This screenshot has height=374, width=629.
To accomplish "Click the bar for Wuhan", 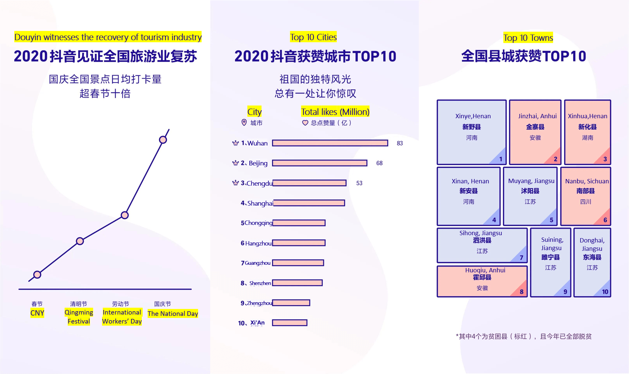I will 330,143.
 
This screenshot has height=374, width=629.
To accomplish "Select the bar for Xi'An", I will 290,323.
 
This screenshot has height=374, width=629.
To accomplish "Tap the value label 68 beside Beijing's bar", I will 379,163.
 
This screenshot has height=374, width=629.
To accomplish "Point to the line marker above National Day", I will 163,140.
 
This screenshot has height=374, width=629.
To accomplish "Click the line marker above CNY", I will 37,275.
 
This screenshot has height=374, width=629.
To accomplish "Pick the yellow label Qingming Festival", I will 79,317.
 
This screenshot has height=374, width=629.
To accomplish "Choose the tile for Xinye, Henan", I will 471,132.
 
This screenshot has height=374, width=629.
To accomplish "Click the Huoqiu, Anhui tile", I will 482,281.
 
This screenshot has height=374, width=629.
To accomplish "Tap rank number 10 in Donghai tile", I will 605,292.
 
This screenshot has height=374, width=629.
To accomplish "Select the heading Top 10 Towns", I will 528,38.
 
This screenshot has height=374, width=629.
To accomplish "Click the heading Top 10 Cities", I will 313,37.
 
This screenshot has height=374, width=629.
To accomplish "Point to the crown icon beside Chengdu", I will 235,183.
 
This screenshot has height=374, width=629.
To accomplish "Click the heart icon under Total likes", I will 305,123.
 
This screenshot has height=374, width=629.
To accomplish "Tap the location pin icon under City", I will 244,123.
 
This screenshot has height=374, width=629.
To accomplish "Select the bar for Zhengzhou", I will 291,303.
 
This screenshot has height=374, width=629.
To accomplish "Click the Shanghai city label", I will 260,203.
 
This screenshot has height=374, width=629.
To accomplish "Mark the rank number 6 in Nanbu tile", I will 605,220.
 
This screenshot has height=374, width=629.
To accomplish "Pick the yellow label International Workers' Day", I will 122,317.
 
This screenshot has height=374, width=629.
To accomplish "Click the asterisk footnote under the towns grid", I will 523,336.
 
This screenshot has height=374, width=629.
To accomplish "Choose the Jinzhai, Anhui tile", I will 535,132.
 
